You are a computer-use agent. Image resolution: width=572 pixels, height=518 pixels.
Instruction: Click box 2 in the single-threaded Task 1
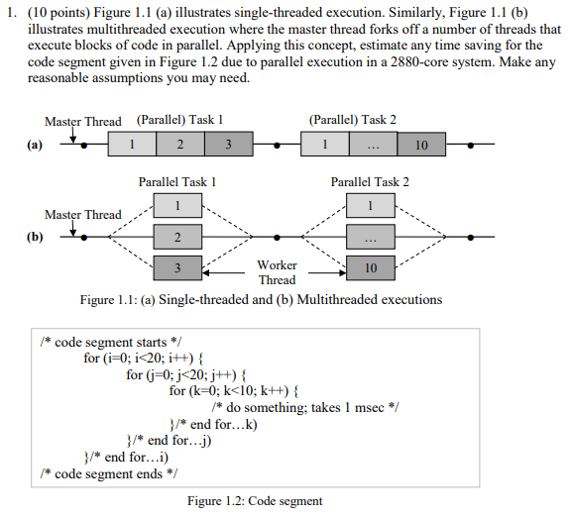178,145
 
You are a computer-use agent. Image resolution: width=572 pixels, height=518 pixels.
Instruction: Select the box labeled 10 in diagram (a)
421,145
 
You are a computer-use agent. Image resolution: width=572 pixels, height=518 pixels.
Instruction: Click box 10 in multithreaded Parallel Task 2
372,268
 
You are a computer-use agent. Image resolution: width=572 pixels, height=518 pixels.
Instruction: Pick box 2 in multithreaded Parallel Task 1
177,238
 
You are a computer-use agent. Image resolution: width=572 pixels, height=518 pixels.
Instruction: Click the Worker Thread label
277,272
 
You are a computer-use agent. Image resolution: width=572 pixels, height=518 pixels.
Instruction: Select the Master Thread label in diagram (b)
83,215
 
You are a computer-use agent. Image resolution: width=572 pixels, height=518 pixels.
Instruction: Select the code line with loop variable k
233,389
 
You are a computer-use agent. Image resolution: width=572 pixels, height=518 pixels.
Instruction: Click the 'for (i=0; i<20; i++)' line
145,358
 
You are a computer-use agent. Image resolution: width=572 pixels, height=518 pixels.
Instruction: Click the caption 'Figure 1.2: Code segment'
255,501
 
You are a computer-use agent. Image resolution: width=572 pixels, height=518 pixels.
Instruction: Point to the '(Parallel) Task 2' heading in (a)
352,120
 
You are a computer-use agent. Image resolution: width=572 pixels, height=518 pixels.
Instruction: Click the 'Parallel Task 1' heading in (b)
177,182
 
